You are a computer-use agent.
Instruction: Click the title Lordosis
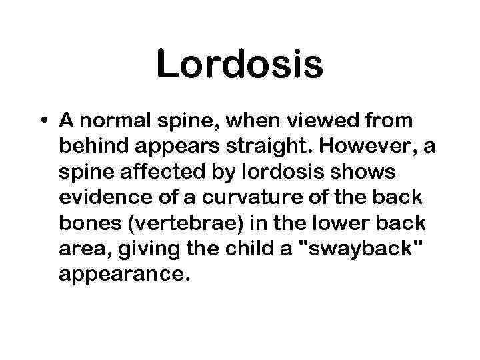[x=239, y=65]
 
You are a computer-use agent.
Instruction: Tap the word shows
[x=367, y=173]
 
